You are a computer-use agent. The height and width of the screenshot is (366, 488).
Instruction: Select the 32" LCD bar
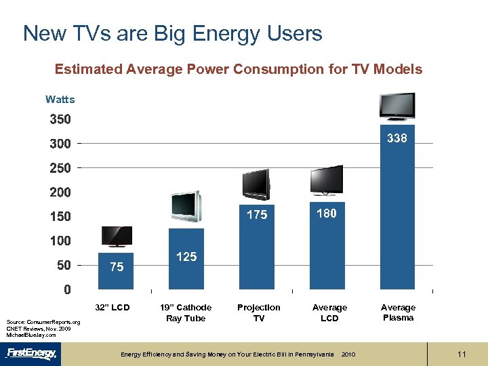point(117,271)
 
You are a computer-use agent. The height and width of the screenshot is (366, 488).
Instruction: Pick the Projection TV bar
point(257,247)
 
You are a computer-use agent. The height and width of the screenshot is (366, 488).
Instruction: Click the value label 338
point(397,138)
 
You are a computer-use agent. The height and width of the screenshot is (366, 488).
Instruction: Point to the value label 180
point(327,213)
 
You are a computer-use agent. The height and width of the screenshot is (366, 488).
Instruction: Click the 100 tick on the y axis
point(60,241)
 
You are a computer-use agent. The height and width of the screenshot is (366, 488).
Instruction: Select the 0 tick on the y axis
point(66,289)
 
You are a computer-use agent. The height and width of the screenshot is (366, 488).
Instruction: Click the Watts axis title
point(60,100)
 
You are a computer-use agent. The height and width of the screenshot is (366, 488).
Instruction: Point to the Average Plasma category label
point(398,312)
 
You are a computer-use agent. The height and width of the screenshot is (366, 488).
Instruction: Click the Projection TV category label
point(258,312)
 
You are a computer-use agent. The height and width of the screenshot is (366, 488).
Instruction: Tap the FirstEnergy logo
point(32,353)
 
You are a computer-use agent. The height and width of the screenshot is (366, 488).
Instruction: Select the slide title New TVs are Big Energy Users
point(173,33)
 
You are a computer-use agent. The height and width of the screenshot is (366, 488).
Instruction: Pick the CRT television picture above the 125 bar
point(186,205)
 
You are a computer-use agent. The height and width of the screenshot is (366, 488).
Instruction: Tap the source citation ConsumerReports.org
point(43,322)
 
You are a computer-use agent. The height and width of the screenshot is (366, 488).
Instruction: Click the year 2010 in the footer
point(348,354)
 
